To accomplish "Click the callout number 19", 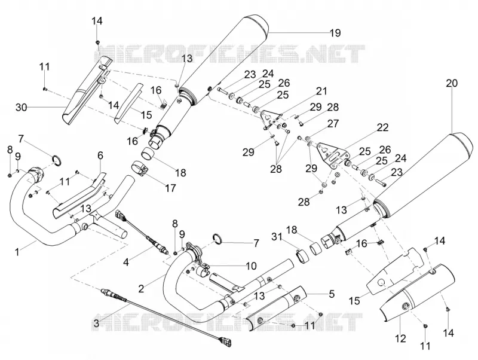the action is click(x=335, y=33).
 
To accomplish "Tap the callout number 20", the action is click(x=452, y=83).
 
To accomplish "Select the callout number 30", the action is click(x=22, y=108).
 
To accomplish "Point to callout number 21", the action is click(x=321, y=91).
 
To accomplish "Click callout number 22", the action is click(x=382, y=127).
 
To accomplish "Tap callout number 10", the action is click(x=251, y=266).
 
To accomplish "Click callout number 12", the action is click(x=401, y=338).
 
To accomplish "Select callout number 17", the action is click(x=170, y=188).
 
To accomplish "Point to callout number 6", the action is click(x=100, y=155).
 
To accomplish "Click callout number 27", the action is click(x=333, y=124).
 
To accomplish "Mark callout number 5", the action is click(x=332, y=294).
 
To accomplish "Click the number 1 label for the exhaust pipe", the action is click(x=17, y=252).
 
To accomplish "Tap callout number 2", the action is click(x=140, y=289).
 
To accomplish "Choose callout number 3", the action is click(x=96, y=323).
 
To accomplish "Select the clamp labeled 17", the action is click(x=140, y=169).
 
